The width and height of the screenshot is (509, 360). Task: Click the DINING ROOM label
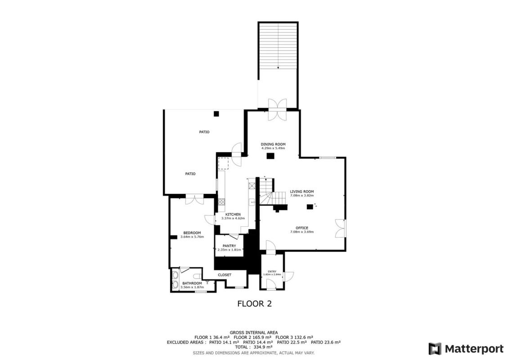click(x=273, y=144)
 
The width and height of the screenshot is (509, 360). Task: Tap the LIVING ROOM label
click(x=302, y=192)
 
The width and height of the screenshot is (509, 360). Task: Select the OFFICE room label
click(x=302, y=228)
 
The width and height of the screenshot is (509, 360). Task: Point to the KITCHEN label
click(x=233, y=214)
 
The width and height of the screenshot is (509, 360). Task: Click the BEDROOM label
click(x=192, y=233)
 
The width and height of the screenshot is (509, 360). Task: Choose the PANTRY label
click(x=229, y=246)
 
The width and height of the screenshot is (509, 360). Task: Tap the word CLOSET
click(x=225, y=275)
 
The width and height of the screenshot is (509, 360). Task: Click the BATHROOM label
click(x=192, y=283)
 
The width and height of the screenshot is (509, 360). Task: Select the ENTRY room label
click(x=272, y=271)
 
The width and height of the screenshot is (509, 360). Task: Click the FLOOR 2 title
click(x=255, y=304)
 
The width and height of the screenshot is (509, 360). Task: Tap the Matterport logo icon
click(x=435, y=349)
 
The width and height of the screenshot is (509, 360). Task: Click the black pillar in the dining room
click(x=270, y=156)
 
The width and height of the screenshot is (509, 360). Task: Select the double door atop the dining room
click(x=278, y=109)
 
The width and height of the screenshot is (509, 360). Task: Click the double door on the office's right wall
click(x=341, y=228)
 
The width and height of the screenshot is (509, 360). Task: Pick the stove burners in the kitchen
click(x=221, y=202)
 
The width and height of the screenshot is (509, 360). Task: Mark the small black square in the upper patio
click(x=216, y=113)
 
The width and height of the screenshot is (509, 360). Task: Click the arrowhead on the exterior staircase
click(x=278, y=68)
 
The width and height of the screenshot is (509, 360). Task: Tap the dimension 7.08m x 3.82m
click(x=302, y=196)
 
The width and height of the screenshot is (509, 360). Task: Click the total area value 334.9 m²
click(x=263, y=347)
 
